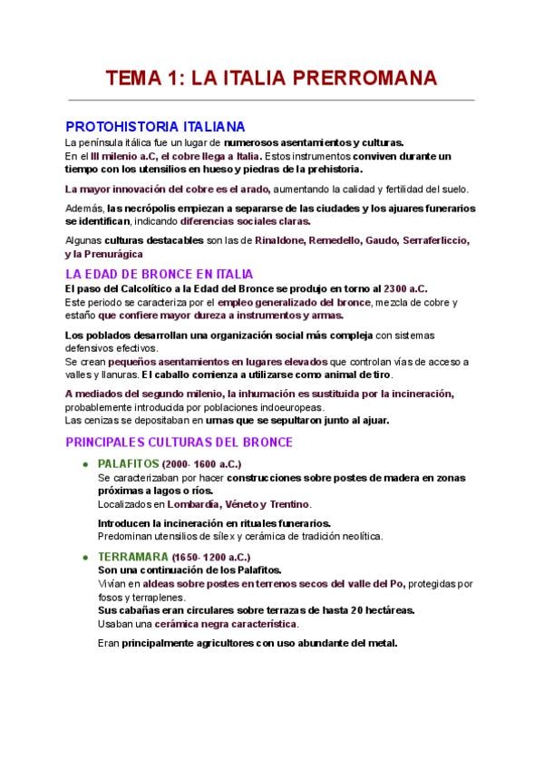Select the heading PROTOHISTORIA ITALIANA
pos(155,127)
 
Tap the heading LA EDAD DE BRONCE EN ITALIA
pos(160,274)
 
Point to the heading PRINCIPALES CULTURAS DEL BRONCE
pos(179,443)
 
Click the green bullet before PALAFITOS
pos(84,463)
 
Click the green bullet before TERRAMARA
pos(84,557)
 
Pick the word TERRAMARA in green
pos(132,557)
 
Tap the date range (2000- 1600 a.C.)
pos(209,463)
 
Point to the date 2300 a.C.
pos(405,287)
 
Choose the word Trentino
pos(288,504)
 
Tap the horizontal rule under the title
pos(272,100)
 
